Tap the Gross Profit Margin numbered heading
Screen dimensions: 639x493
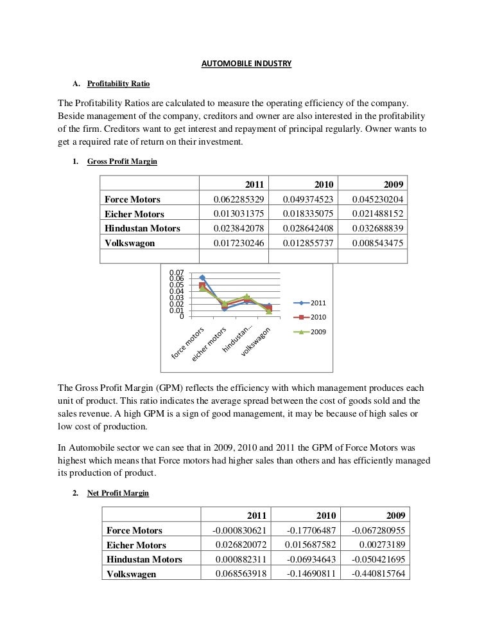coord(122,161)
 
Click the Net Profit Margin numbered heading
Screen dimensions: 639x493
coord(118,493)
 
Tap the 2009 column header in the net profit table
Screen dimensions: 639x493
coord(394,515)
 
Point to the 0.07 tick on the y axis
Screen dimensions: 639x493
coord(176,272)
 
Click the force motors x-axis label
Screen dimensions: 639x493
coord(188,343)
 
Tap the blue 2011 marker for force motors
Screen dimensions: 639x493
coord(202,278)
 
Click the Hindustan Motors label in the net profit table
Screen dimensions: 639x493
coord(144,559)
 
